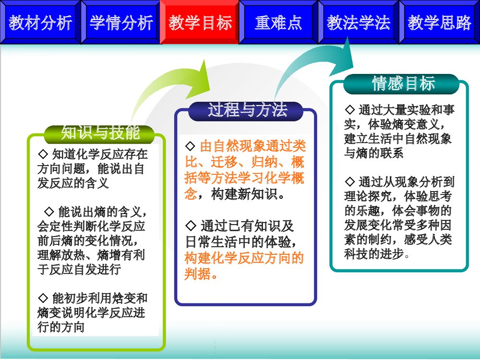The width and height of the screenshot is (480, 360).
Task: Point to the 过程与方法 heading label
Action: coord(247,110)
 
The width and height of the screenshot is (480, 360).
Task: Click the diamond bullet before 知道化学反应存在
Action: coord(42,155)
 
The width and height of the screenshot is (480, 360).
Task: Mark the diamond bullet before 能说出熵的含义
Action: coord(48,212)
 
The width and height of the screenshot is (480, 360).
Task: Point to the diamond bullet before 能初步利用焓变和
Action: coord(42,298)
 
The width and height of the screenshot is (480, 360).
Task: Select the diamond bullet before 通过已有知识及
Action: coord(190,226)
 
